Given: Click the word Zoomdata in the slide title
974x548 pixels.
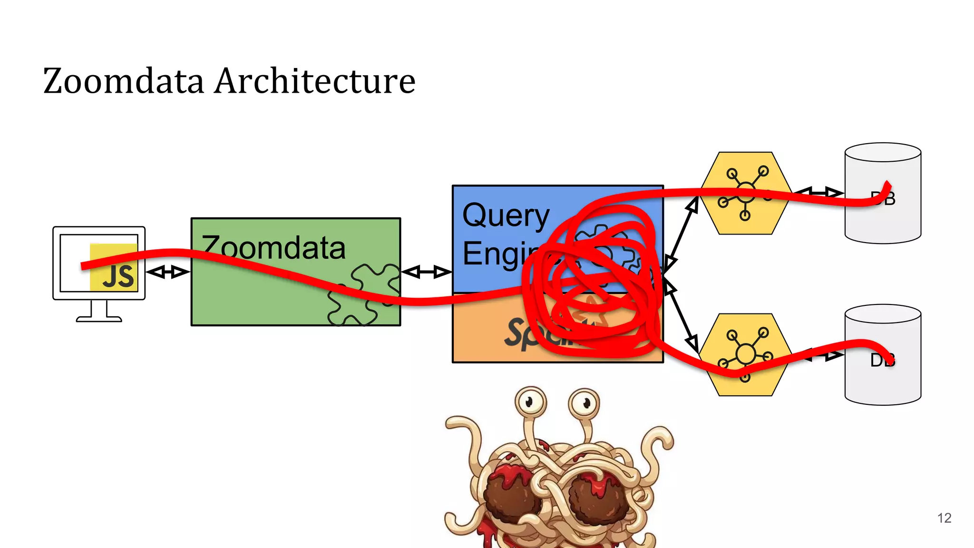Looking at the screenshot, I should pyautogui.click(x=124, y=81).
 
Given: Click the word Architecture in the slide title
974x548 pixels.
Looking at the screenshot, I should pyautogui.click(x=315, y=81).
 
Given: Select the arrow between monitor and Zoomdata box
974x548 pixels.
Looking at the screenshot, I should pyautogui.click(x=168, y=272).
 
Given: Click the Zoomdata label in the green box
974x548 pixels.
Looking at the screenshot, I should pyautogui.click(x=273, y=248).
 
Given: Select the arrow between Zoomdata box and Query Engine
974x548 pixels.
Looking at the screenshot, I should pyautogui.click(x=426, y=272).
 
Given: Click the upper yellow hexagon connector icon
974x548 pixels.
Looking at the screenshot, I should pyautogui.click(x=745, y=193).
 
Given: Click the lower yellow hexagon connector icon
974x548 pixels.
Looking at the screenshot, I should pyautogui.click(x=745, y=355).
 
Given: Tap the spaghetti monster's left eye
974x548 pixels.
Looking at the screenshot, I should pyautogui.click(x=530, y=402).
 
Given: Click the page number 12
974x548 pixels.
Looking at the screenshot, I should pyautogui.click(x=944, y=518).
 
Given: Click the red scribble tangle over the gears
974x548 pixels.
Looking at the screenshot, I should pyautogui.click(x=594, y=281).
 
